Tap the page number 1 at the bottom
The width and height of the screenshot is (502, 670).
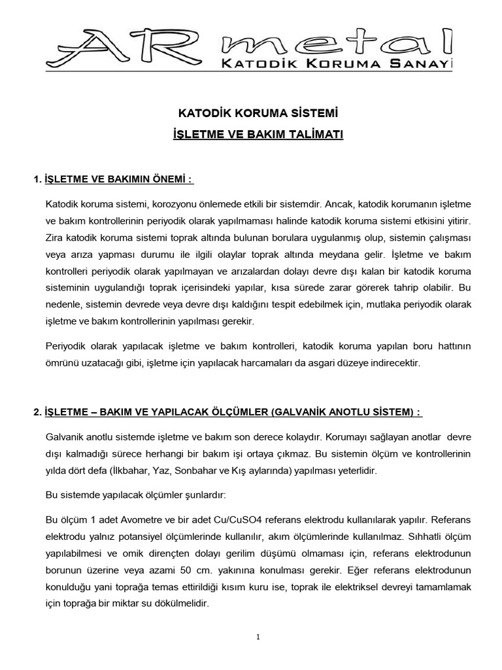[x=259, y=637]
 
